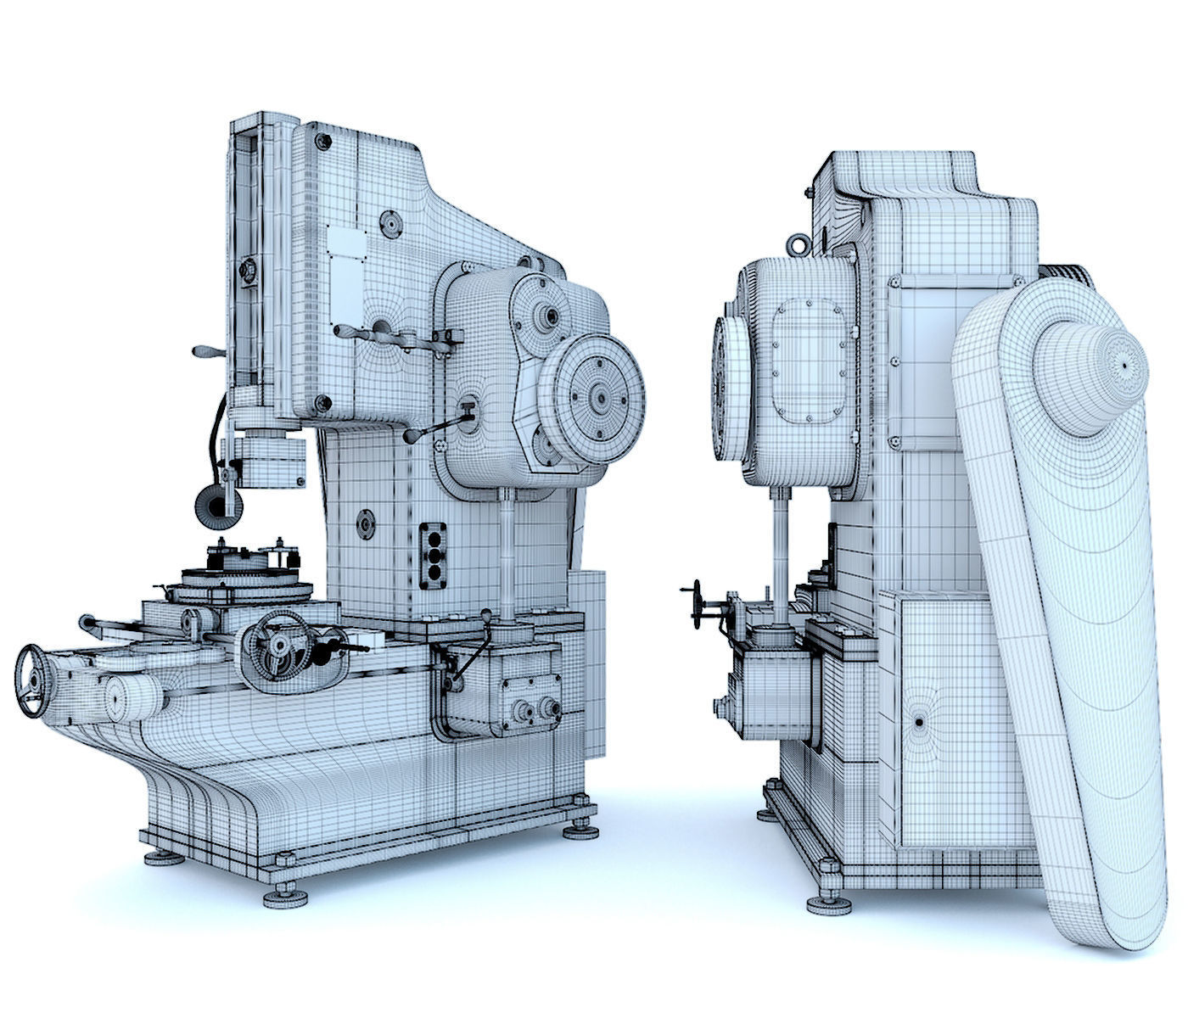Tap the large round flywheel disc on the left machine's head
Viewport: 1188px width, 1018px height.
click(591, 395)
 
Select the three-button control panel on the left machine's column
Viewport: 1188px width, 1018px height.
click(434, 553)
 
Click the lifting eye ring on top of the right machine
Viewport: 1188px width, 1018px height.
click(797, 244)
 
